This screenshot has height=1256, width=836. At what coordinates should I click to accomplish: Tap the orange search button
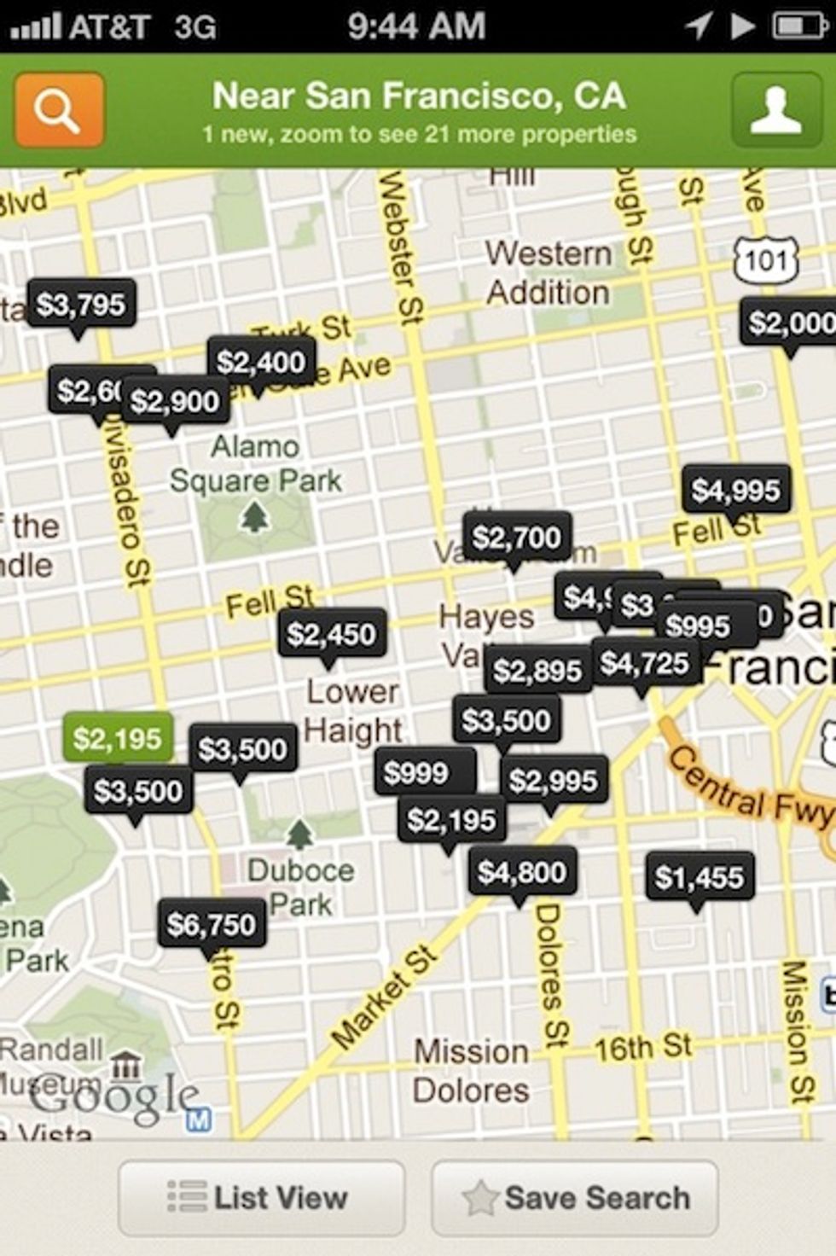[x=59, y=110]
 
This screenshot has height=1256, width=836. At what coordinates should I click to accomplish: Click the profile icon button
[x=775, y=110]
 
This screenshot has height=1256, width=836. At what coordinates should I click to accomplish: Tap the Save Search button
[x=575, y=1198]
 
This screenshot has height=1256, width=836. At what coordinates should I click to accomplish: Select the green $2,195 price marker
[x=118, y=738]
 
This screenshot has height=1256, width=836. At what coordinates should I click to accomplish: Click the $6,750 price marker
[x=212, y=924]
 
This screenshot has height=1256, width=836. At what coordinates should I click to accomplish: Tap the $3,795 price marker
[x=81, y=305]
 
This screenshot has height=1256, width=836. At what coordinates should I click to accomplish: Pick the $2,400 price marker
[x=261, y=362]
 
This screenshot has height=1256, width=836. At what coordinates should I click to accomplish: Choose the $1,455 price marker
[x=700, y=876]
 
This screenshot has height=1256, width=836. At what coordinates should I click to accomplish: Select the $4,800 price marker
[x=522, y=872]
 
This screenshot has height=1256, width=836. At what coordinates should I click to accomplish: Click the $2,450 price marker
[x=331, y=634]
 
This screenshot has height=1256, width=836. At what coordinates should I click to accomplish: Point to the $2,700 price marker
[x=517, y=538]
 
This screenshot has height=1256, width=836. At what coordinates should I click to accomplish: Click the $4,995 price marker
[x=736, y=490]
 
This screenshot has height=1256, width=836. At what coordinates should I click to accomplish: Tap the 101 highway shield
[x=765, y=259]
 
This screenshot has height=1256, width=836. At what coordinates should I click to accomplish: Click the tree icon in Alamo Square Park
[x=254, y=516]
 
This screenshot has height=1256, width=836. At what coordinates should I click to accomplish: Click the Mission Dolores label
[x=471, y=1071]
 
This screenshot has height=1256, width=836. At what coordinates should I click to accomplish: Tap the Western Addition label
[x=549, y=273]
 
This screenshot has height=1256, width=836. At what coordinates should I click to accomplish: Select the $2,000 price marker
[x=790, y=323]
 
